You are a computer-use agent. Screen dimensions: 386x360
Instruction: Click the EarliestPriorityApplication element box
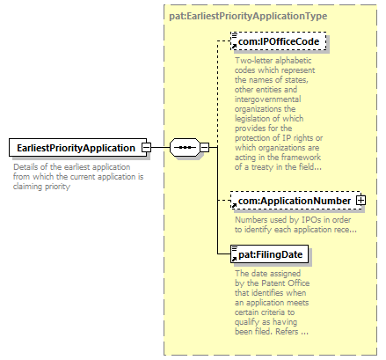pyautogui.click(x=77, y=148)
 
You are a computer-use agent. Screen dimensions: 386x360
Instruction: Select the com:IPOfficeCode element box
pyautogui.click(x=279, y=41)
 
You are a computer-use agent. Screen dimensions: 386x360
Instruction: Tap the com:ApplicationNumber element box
pyautogui.click(x=296, y=201)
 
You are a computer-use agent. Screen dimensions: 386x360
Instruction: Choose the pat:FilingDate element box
pyautogui.click(x=269, y=254)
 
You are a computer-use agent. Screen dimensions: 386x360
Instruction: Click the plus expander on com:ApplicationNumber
pyautogui.click(x=361, y=201)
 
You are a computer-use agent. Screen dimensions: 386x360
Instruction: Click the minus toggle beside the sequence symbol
pyautogui.click(x=205, y=147)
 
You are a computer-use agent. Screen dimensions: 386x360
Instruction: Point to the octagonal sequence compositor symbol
pyautogui.click(x=185, y=147)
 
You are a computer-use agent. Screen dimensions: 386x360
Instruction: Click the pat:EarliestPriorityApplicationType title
pyautogui.click(x=248, y=16)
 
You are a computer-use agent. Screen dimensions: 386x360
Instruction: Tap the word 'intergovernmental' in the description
pyautogui.click(x=267, y=99)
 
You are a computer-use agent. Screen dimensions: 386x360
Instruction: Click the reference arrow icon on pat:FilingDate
pyautogui.click(x=234, y=259)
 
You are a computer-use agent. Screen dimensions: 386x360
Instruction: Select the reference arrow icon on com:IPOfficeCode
pyautogui.click(x=234, y=47)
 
